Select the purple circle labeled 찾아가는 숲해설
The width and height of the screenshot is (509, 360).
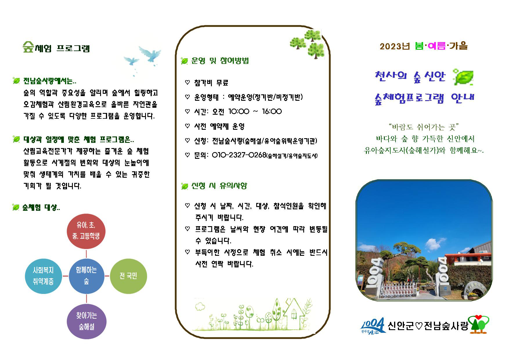[x=86, y=321]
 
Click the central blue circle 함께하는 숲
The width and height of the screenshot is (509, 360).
[x=86, y=276]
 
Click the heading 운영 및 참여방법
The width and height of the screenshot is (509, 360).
[x=220, y=61]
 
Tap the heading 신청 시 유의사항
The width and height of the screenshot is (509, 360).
[x=219, y=186]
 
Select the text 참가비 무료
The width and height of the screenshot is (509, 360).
[x=211, y=83]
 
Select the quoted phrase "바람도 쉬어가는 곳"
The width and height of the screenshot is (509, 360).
[x=425, y=127]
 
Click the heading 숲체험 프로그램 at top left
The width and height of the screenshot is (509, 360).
[x=56, y=48]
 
